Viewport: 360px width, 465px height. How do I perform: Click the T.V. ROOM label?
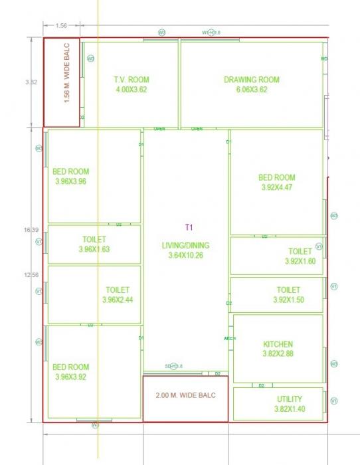(x=131, y=80)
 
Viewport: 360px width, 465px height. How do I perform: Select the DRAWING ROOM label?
(x=251, y=80)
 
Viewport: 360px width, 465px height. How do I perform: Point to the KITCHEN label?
(x=278, y=345)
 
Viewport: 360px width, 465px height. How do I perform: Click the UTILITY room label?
(x=290, y=399)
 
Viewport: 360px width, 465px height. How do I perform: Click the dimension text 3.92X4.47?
(x=276, y=187)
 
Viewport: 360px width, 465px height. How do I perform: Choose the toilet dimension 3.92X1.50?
(x=288, y=300)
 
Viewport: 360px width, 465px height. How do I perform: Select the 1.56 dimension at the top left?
(x=60, y=26)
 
